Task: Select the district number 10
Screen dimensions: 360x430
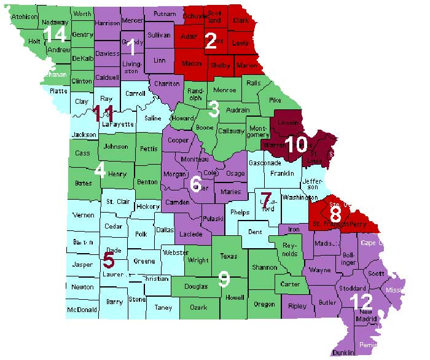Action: tap(298, 143)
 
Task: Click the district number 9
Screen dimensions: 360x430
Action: tap(224, 280)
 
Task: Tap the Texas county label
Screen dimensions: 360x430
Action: tap(229, 256)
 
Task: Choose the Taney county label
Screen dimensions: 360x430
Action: tap(163, 307)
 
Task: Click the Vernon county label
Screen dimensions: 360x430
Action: tap(84, 215)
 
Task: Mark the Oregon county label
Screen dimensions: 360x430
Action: tap(264, 303)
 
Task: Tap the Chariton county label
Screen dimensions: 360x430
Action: tap(167, 84)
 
